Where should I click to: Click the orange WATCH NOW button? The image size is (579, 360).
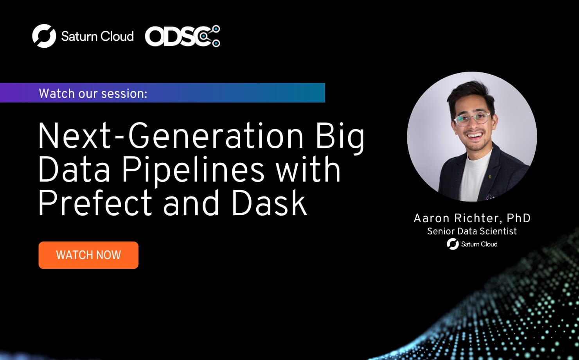tap(88, 255)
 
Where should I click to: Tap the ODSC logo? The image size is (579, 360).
tap(182, 36)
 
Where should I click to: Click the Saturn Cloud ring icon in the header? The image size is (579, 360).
tap(44, 36)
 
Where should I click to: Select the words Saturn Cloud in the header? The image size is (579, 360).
tap(97, 36)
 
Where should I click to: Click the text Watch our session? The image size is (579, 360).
tap(93, 94)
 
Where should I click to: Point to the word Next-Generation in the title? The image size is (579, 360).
tap(171, 136)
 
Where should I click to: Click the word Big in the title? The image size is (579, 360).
tap(340, 138)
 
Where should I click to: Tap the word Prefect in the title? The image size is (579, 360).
tap(95, 203)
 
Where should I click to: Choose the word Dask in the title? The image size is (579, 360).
tap(269, 203)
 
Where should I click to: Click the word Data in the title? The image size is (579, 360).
tap(74, 169)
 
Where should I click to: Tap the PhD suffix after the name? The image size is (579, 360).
tap(519, 218)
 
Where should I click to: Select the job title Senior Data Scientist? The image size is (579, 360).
tap(472, 231)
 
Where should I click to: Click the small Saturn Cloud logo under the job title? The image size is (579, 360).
tap(472, 244)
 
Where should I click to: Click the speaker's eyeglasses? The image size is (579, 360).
tap(472, 119)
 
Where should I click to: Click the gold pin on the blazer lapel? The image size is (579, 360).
tap(489, 177)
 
